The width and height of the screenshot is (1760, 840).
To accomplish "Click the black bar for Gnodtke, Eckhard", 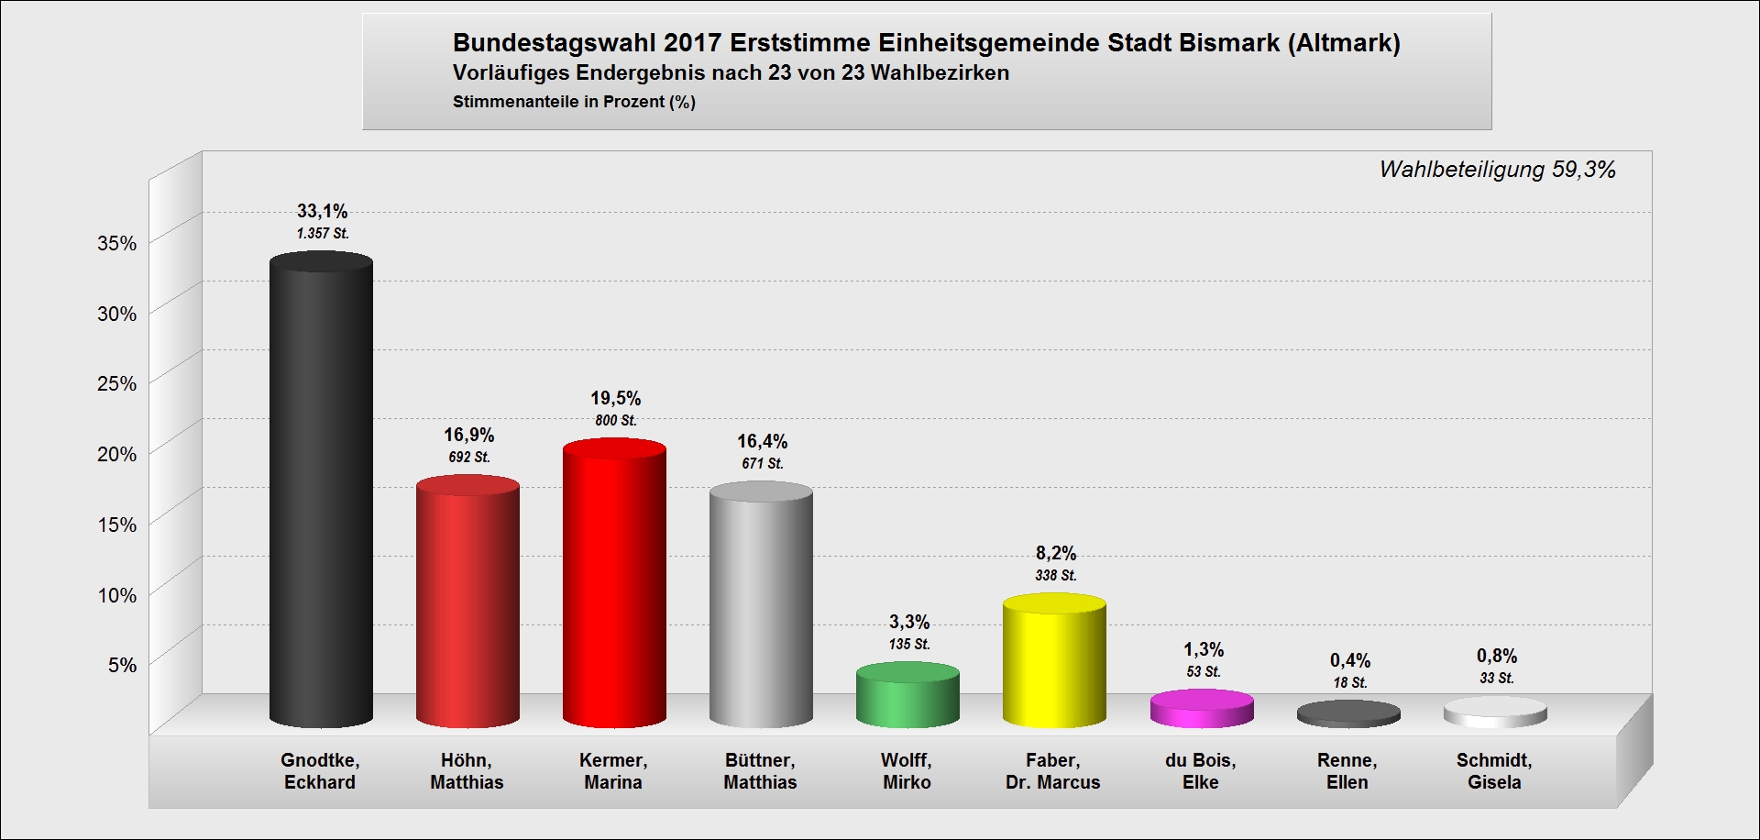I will tap(321, 495).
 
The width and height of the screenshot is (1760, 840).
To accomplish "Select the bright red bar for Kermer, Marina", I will tap(614, 587).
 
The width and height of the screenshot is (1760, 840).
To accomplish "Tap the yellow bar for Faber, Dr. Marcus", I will tap(1054, 665).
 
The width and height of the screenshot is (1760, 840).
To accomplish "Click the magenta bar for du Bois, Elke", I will tap(1201, 710).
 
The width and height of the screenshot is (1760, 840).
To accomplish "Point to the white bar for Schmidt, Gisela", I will tap(1495, 713).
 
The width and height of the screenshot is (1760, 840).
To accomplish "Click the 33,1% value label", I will tap(322, 212).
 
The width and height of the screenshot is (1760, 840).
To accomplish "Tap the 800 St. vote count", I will tap(615, 421).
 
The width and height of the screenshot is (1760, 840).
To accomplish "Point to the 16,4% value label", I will tap(762, 442).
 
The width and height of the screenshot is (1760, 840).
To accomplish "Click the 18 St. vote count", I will tap(1349, 683).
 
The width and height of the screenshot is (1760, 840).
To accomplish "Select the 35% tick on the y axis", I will tap(116, 244).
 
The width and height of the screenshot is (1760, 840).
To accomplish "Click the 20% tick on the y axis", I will tap(116, 455).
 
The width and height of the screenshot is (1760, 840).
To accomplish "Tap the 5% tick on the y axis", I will tap(122, 666).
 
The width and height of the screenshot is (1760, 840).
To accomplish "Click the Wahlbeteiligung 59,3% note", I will tap(1497, 170).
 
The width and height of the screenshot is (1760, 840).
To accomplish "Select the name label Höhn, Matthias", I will tap(467, 771).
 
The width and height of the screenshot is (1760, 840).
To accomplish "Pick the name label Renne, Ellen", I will tap(1347, 771).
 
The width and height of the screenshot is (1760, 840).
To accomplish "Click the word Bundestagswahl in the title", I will tap(555, 43).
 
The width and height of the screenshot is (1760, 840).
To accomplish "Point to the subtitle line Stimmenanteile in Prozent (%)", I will tap(574, 102).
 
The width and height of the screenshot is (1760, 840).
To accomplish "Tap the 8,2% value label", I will tap(1055, 554).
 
